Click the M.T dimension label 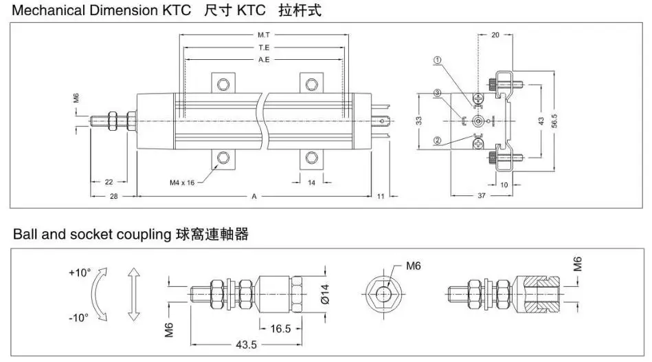coord(264,34)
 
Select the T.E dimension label coord(264,47)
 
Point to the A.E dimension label coord(264,61)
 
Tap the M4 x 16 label coord(182,182)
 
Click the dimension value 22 coord(109,182)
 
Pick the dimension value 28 coord(114,197)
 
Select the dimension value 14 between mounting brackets coord(311,182)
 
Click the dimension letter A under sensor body coord(254,197)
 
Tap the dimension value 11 coord(380,197)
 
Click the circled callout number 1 coord(437,61)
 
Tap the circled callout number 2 coord(437,141)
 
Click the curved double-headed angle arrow coord(100,295)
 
